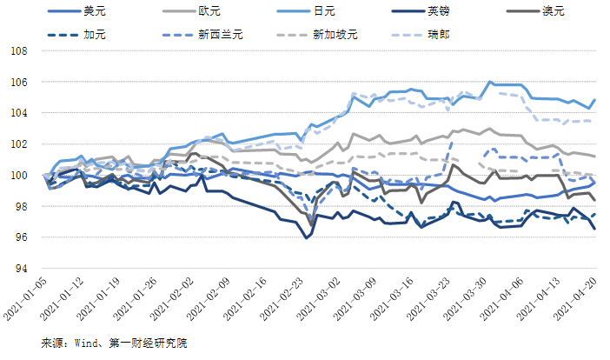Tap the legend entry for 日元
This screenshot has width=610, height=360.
coord(326,12)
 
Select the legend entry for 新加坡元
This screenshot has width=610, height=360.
coord(338,36)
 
